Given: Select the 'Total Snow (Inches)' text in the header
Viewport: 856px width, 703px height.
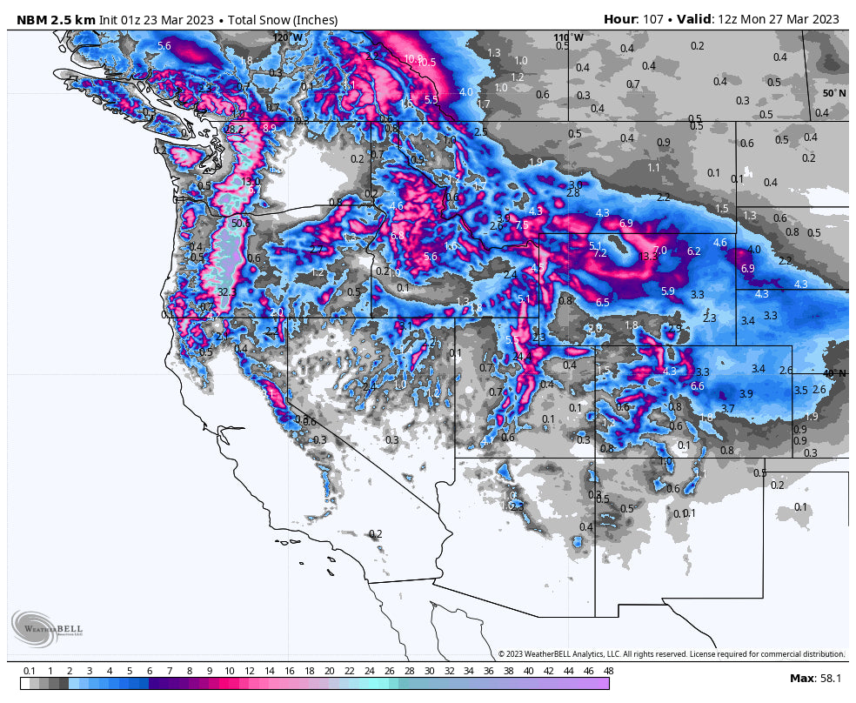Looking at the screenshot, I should [x=283, y=19].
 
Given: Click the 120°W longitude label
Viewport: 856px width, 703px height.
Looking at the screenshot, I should [x=288, y=37].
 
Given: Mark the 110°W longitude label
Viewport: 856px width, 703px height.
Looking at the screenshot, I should [x=568, y=37].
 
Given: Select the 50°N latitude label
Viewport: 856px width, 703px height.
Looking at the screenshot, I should [x=834, y=92].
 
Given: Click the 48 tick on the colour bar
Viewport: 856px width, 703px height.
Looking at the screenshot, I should [x=607, y=671].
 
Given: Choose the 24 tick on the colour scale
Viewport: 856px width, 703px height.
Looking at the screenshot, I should [x=369, y=671].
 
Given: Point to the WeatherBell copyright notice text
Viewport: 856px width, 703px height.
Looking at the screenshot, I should [x=671, y=653].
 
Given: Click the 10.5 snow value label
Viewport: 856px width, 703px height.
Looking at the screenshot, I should [x=426, y=63].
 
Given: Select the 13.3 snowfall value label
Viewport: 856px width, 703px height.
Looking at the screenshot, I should [x=648, y=257].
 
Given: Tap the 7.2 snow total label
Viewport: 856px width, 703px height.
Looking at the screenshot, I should [x=599, y=253].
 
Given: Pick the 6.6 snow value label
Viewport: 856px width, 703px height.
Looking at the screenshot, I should [x=697, y=385].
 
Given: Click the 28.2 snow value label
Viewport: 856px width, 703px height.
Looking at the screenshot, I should [x=235, y=129].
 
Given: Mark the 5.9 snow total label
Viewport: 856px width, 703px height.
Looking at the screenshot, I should [x=668, y=291].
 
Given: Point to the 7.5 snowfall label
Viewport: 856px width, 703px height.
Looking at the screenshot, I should [x=522, y=224].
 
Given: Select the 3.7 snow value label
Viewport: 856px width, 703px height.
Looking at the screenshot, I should [x=728, y=408].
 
